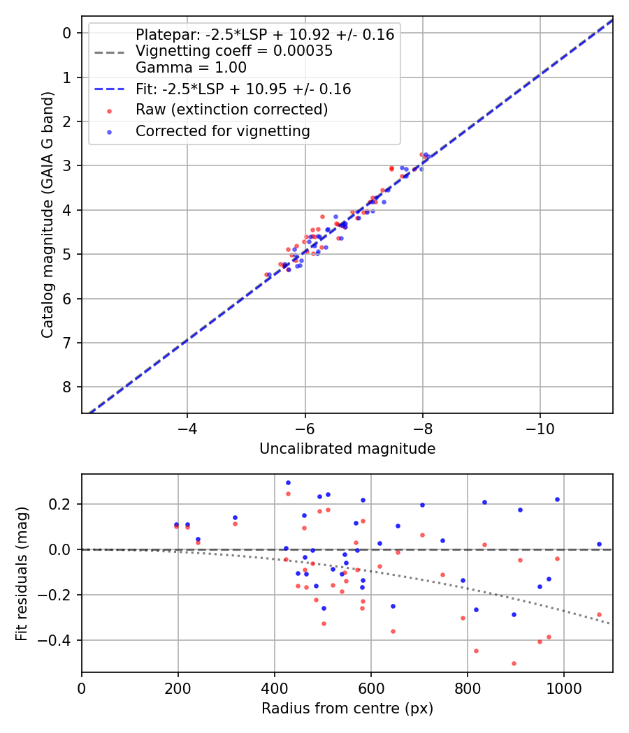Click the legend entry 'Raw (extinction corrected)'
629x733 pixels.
231,110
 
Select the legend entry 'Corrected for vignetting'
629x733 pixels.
222,131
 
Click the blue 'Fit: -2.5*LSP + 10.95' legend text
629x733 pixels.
243,89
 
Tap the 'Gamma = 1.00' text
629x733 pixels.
191,68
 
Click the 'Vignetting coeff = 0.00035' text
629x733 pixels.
233,51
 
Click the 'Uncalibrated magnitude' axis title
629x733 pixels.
347,449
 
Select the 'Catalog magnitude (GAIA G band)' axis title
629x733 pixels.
47,216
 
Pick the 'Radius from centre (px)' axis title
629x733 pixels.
347,709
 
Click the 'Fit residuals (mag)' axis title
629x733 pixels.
22,574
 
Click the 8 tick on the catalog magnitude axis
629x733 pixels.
67,387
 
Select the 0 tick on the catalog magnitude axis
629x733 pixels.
67,33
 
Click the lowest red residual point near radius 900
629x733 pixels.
514,663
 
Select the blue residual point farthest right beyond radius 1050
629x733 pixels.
599,544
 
